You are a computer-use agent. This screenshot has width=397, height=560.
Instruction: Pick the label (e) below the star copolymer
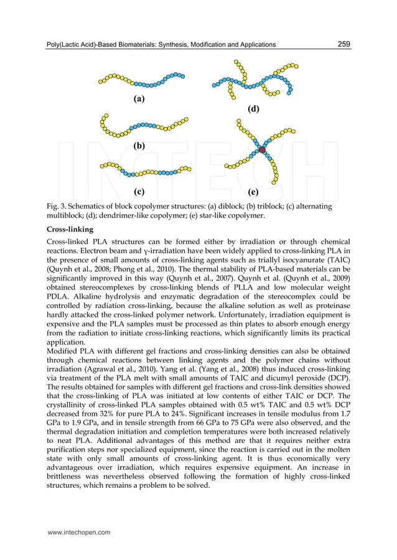(x=254, y=191)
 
